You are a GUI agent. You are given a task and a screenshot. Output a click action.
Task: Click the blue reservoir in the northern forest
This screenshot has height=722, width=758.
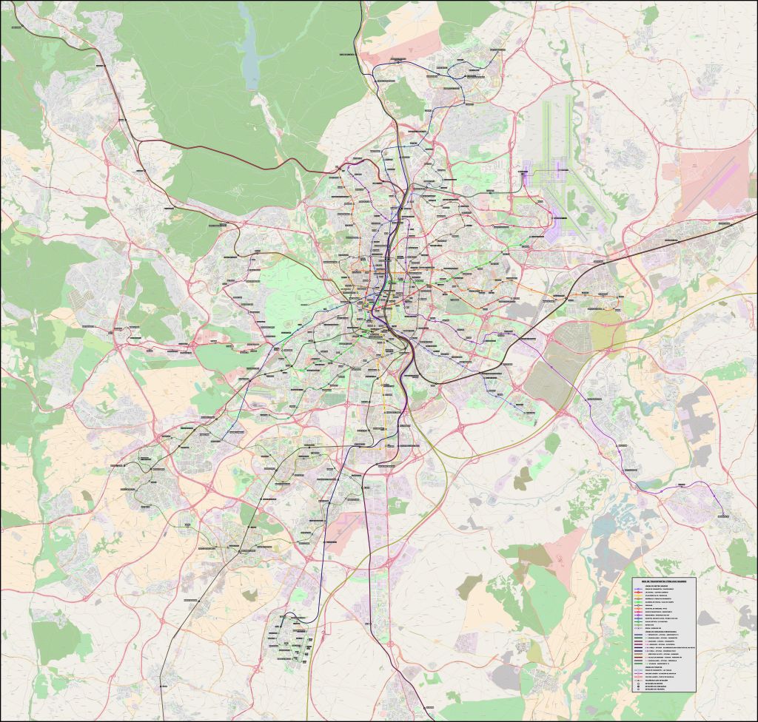coord(251,55)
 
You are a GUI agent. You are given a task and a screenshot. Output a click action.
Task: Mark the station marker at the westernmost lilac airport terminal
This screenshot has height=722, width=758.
coord(523,172)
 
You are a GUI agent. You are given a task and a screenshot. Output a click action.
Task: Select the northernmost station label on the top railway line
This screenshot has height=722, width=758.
coord(348,55)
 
